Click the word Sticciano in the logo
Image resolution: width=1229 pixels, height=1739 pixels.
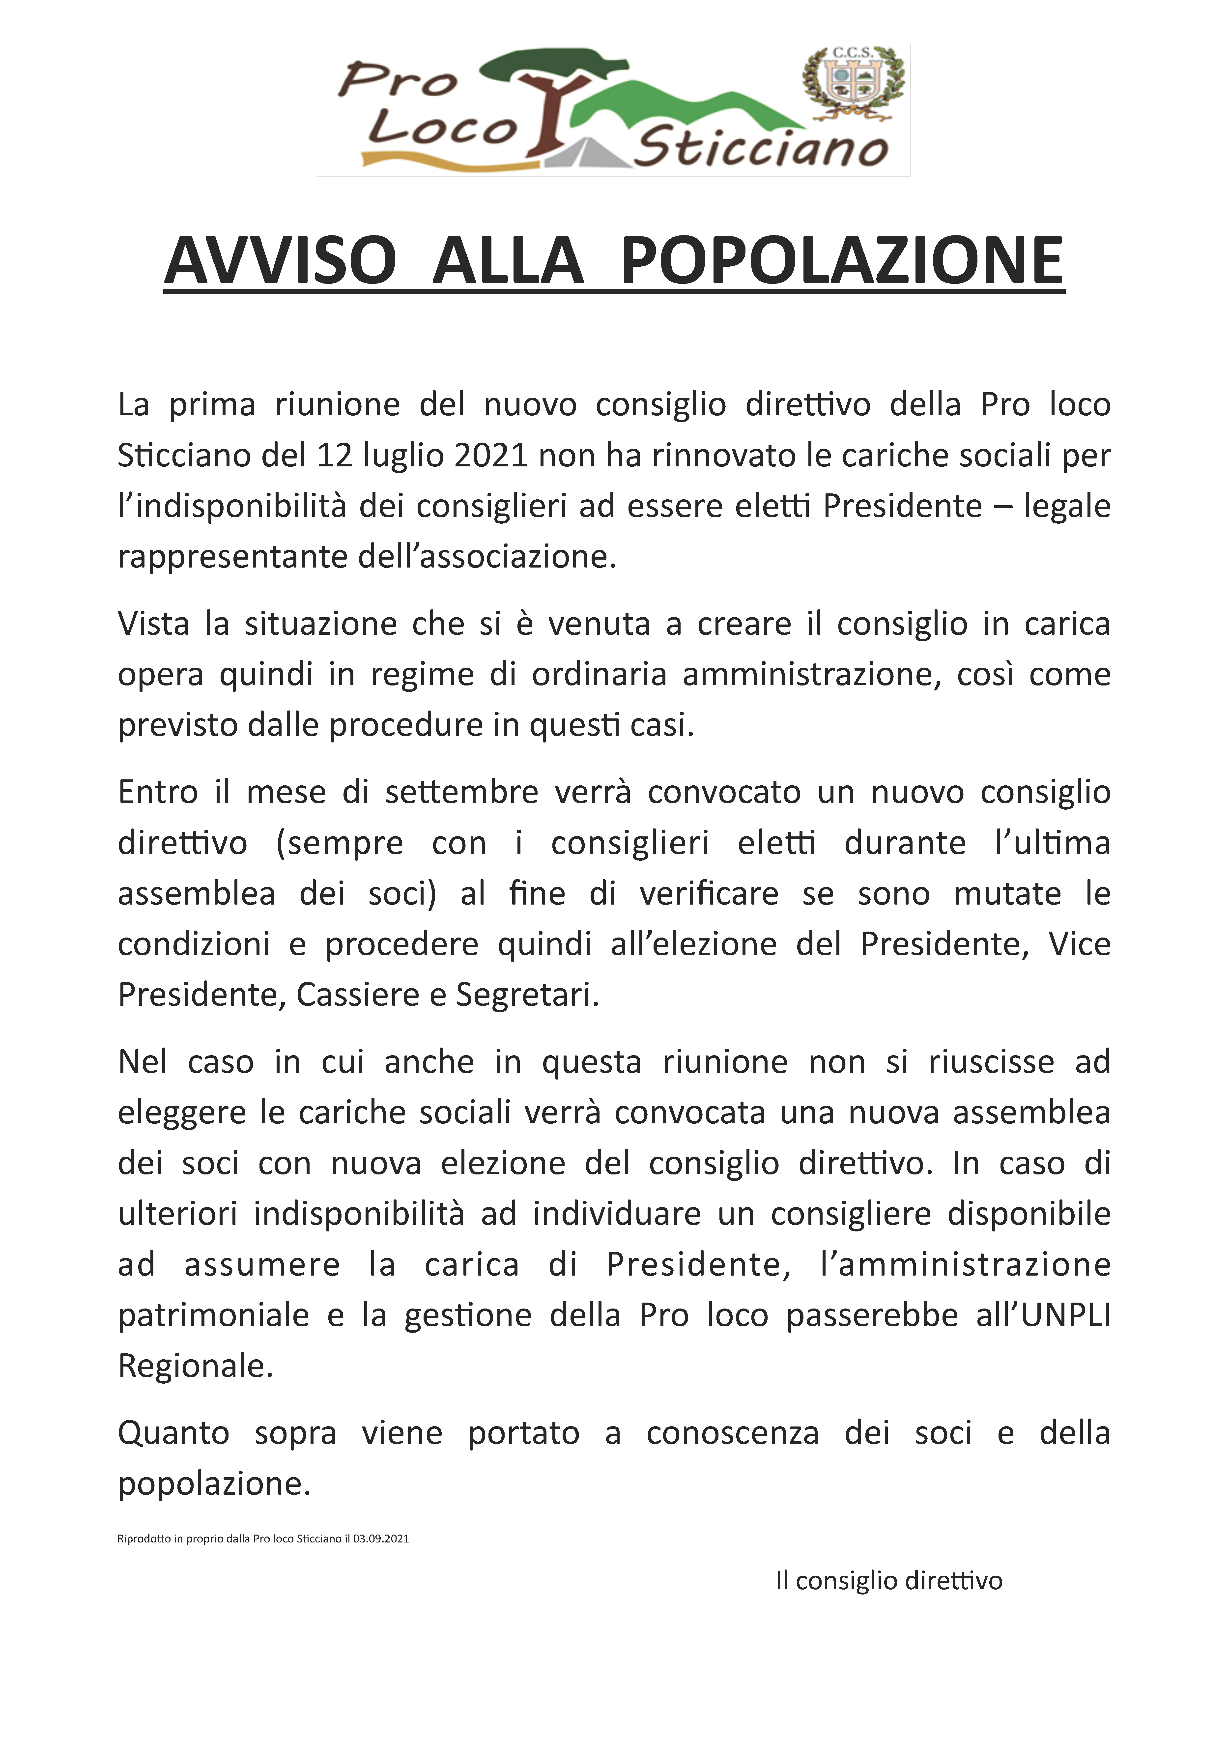pyautogui.click(x=760, y=148)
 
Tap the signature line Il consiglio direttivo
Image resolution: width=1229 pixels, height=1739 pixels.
pyautogui.click(x=888, y=1581)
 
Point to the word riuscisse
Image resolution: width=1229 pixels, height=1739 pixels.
pyautogui.click(x=991, y=1063)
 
